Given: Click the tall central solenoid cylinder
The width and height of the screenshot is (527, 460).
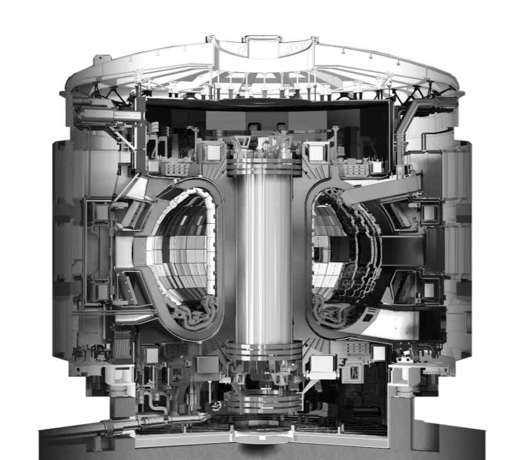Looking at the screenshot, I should tap(263, 258).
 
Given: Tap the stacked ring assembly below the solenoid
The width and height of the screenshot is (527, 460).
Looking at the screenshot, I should tap(263, 404).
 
